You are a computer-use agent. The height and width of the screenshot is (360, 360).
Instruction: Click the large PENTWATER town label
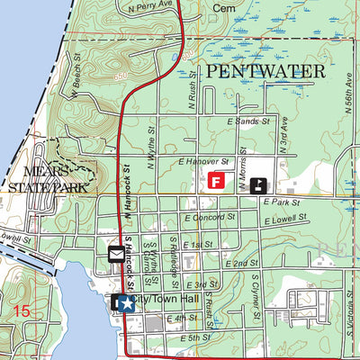click(x=262, y=69)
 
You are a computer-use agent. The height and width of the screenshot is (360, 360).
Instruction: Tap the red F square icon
click(x=216, y=181)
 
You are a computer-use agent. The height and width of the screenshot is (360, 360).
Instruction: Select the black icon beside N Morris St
click(x=258, y=185)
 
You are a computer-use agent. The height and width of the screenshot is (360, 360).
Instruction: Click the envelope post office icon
click(x=116, y=255)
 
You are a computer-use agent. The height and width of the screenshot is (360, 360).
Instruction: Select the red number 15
click(x=21, y=311)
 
